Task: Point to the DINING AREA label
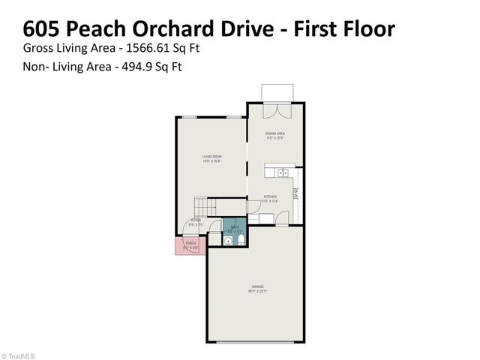coord(274,136)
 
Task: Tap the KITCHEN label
coord(271,199)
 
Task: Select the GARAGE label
coord(257,288)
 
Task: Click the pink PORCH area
coord(189,245)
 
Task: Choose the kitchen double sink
coord(284,172)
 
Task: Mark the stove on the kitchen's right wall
coord(296,192)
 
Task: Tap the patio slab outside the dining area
coord(276,92)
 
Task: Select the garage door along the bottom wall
coord(257,342)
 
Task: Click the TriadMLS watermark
coord(19,355)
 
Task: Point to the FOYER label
coord(194,222)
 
